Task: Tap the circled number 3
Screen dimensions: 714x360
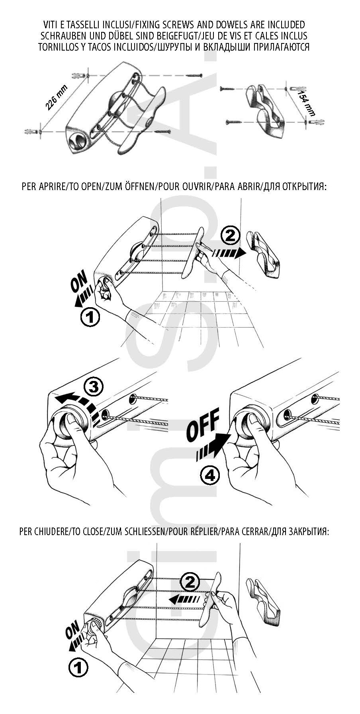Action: pyautogui.click(x=94, y=387)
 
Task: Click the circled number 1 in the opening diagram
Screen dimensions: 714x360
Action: pyautogui.click(x=90, y=318)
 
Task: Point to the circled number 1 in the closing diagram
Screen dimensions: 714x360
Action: pyautogui.click(x=78, y=667)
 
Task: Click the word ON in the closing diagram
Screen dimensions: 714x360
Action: pyautogui.click(x=73, y=631)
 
